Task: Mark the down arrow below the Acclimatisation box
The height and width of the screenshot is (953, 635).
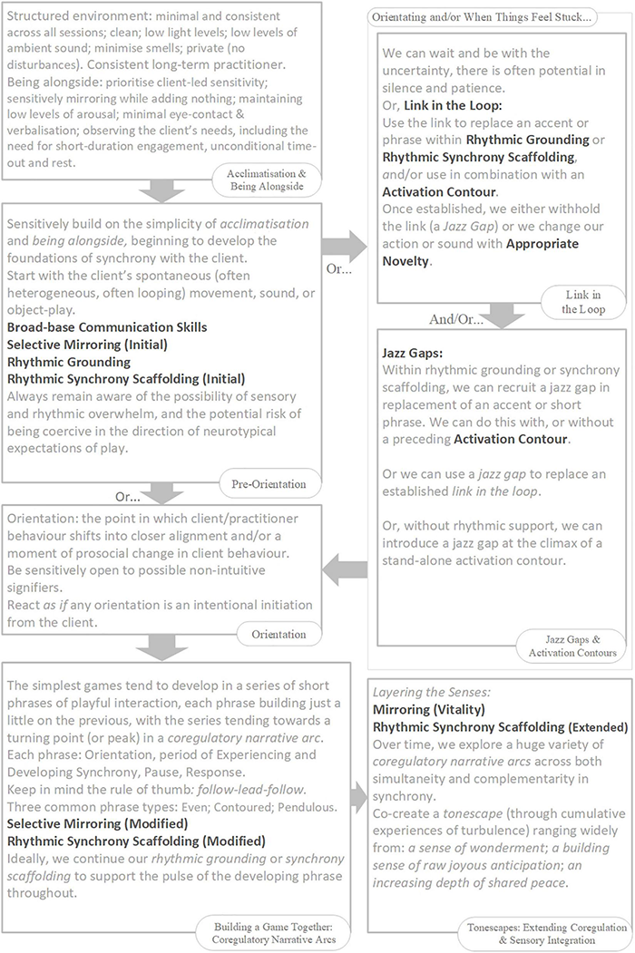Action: [161, 190]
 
